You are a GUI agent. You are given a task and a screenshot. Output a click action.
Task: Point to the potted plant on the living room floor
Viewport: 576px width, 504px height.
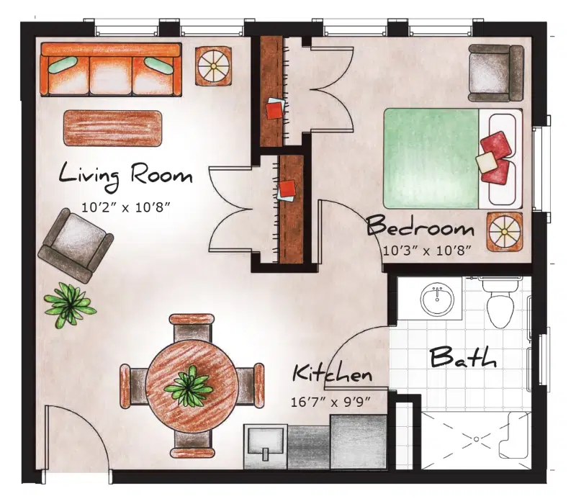coord(69,302)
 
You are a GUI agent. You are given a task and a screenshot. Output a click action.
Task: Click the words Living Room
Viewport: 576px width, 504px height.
coord(125,175)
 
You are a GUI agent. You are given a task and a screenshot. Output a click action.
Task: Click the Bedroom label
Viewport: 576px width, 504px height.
coord(420,228)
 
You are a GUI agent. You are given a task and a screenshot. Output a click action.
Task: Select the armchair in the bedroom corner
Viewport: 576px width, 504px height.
coord(495,73)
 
